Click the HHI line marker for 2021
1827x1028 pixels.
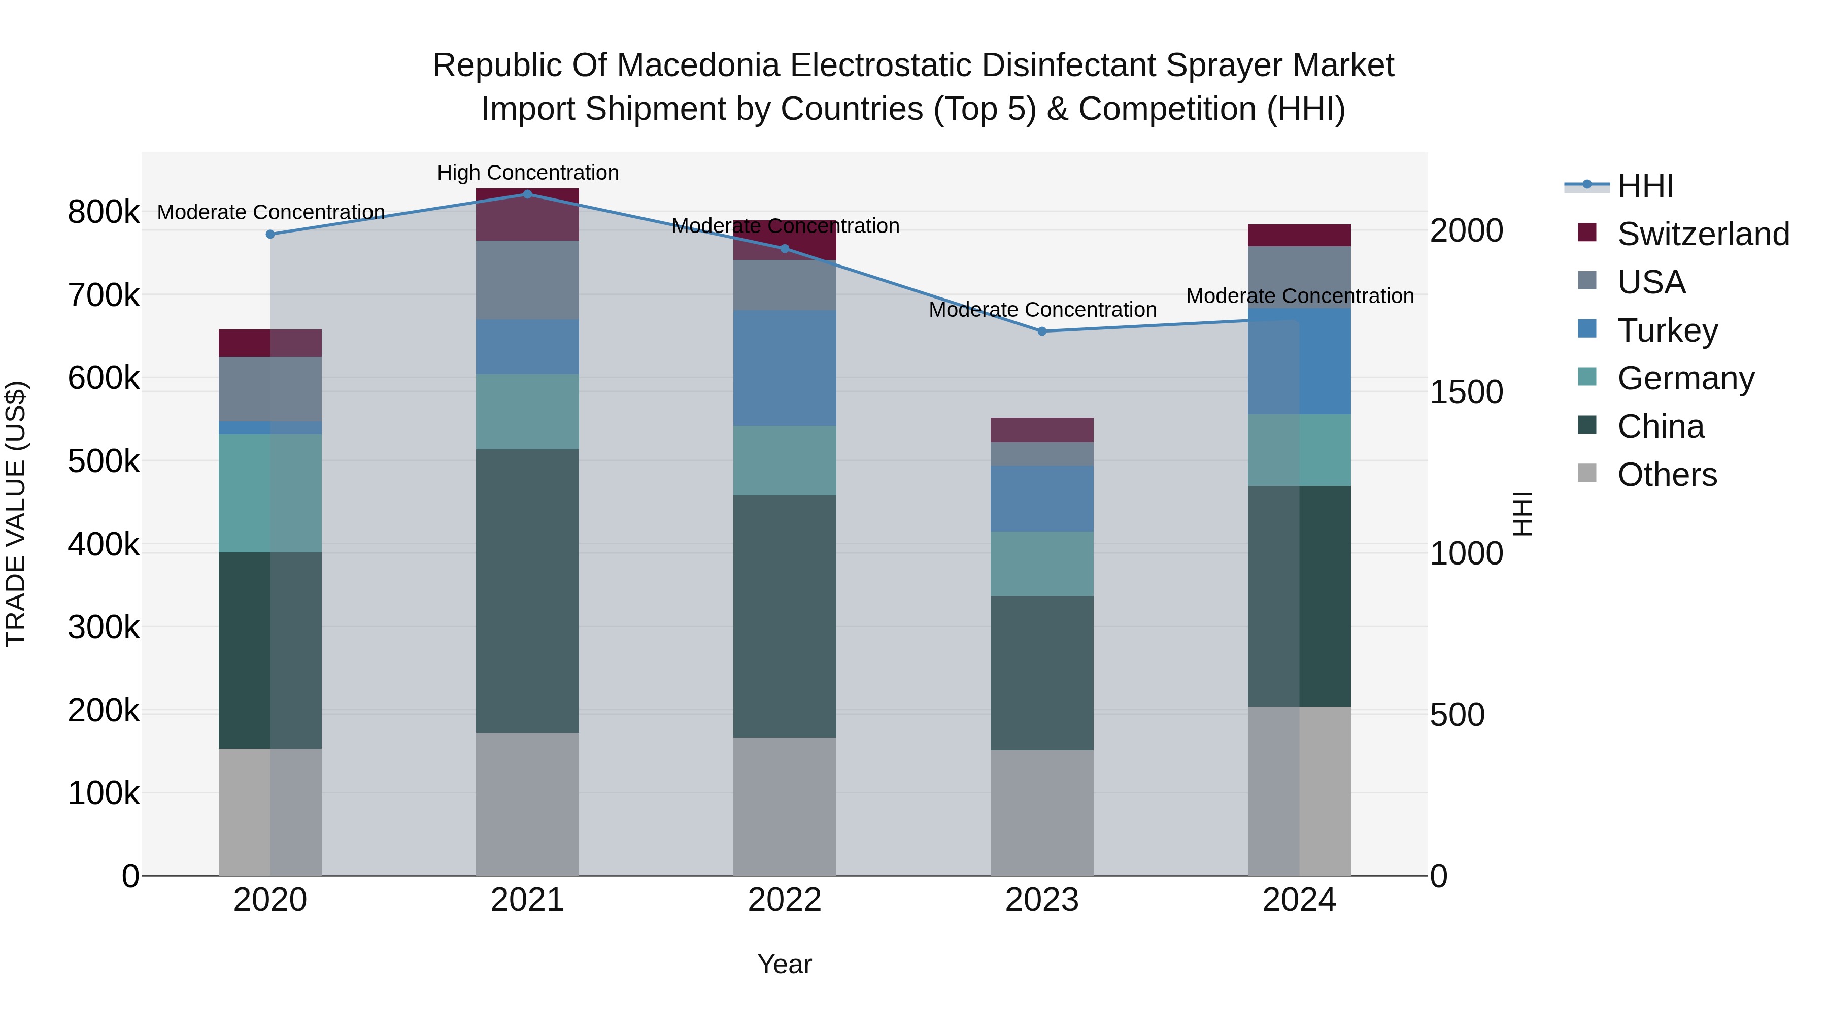click(527, 194)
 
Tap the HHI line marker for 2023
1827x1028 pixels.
click(1042, 331)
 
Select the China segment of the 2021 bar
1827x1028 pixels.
click(527, 590)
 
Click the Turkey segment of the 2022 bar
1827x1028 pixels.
click(785, 368)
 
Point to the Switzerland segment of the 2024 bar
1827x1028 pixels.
click(1299, 235)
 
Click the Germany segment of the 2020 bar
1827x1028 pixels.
click(269, 493)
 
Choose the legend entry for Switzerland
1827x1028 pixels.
click(1702, 234)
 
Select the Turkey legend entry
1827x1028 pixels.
click(1667, 330)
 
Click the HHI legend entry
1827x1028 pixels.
click(1645, 186)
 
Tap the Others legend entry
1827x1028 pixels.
click(1667, 475)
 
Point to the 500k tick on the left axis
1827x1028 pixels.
click(104, 461)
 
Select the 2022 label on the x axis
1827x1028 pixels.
click(785, 900)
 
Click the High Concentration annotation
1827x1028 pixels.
click(528, 173)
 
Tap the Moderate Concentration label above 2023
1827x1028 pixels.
click(1042, 310)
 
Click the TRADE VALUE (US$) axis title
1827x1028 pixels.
click(16, 514)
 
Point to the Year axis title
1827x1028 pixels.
click(785, 964)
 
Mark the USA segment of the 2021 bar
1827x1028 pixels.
click(527, 280)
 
